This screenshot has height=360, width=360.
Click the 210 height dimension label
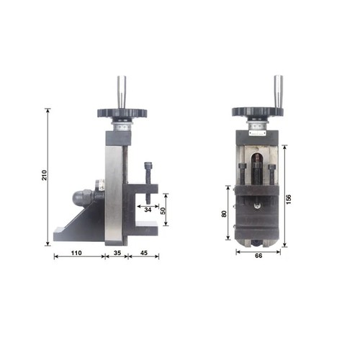(x=45, y=176)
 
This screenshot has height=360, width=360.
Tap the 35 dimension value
(x=117, y=253)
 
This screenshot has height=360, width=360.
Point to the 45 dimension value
(x=144, y=253)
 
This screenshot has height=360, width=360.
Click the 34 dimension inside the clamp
(x=148, y=210)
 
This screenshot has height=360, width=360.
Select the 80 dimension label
(x=224, y=213)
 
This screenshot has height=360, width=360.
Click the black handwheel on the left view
(x=122, y=114)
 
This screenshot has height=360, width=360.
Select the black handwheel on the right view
(x=257, y=113)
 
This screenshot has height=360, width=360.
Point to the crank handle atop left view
(x=122, y=91)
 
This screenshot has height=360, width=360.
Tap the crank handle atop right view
(x=277, y=90)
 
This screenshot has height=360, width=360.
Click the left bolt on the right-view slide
(x=242, y=177)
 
